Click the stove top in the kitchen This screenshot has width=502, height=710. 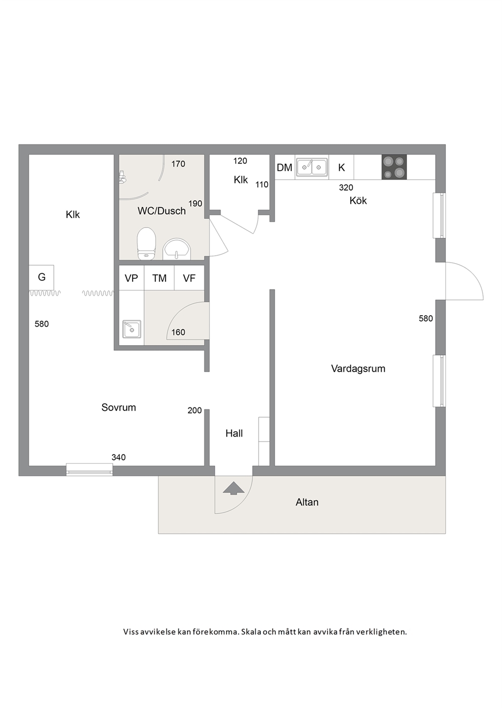[394, 167]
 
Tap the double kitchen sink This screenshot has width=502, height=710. [312, 167]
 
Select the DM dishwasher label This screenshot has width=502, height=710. [284, 168]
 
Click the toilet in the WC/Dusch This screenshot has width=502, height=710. [146, 244]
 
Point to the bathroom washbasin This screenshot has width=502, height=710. [177, 249]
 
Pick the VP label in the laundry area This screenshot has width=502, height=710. [131, 278]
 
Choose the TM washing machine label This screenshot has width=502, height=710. [159, 278]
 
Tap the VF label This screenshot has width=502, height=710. [189, 278]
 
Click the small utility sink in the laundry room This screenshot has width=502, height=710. [132, 329]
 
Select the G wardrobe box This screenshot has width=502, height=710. [41, 277]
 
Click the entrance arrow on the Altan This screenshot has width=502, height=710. [234, 488]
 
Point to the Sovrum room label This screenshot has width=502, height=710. [118, 407]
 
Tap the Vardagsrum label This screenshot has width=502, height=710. [358, 368]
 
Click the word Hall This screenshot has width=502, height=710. [234, 433]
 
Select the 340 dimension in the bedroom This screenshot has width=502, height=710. [118, 457]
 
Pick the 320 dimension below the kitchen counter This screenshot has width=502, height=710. [346, 188]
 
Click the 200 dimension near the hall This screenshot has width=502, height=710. [195, 410]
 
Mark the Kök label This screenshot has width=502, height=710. [358, 200]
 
